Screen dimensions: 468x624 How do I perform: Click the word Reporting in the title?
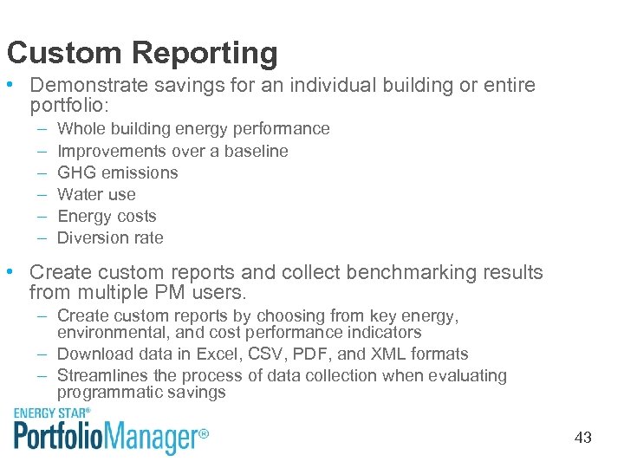(205, 54)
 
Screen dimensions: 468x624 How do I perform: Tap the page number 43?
(582, 438)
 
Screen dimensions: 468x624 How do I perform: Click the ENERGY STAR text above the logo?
(52, 413)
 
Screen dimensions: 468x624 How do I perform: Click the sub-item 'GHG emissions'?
(117, 172)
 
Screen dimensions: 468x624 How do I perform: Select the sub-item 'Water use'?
(96, 194)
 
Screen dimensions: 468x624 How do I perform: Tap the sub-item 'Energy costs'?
(107, 216)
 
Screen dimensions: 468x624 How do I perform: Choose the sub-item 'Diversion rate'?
(110, 237)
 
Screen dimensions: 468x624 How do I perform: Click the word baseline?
(256, 151)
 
